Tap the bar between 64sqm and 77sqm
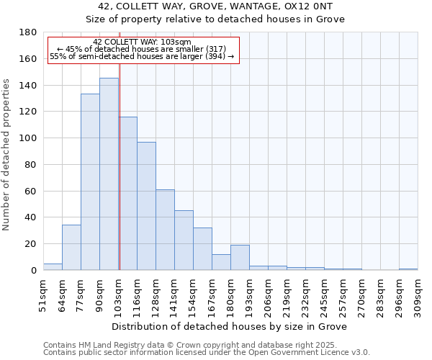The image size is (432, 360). (71, 248)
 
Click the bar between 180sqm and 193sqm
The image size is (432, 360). (240, 258)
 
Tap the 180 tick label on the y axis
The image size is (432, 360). (28, 32)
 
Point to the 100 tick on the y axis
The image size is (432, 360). (28, 138)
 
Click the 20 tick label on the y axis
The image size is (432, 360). (31, 244)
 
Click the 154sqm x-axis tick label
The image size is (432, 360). (193, 294)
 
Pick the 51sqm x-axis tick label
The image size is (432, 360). (43, 294)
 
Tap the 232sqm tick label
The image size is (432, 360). (305, 294)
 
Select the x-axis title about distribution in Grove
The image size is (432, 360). (230, 327)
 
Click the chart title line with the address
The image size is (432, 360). (215, 6)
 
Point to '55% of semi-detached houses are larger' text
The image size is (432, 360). (142, 56)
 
